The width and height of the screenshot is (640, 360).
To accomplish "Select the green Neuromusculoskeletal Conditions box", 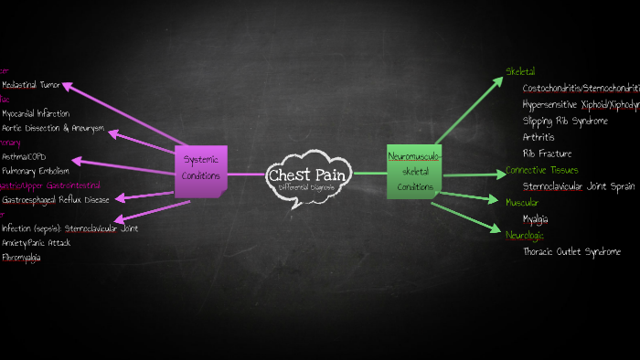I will (x=414, y=171).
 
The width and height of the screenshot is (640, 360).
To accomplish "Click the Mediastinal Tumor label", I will (x=31, y=84).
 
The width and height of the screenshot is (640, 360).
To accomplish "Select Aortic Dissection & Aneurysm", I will (x=53, y=129).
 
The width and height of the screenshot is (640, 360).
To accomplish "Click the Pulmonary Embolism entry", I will (x=35, y=171).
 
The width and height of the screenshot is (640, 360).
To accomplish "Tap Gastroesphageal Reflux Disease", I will (x=56, y=199).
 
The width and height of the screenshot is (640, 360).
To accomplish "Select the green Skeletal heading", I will (x=520, y=71).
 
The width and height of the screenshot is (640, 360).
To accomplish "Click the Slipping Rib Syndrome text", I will (x=564, y=121).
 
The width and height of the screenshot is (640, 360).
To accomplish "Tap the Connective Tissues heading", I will (x=541, y=170).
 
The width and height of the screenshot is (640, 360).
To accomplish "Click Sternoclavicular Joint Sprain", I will (x=578, y=186).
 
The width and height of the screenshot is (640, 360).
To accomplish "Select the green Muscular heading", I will (x=522, y=202).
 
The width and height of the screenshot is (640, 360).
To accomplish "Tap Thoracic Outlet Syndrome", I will (x=571, y=251).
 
